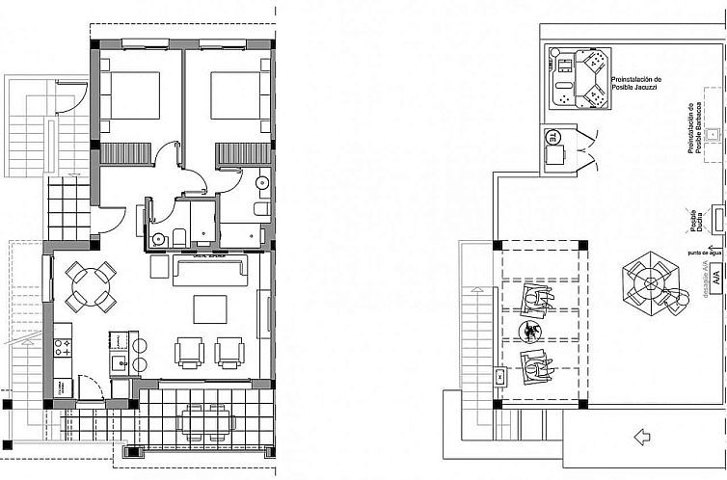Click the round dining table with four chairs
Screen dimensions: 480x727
(x=93, y=286)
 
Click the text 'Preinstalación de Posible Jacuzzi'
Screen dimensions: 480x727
(x=636, y=85)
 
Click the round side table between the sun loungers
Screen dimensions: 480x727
(x=529, y=333)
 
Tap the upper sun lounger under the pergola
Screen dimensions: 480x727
(x=534, y=301)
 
